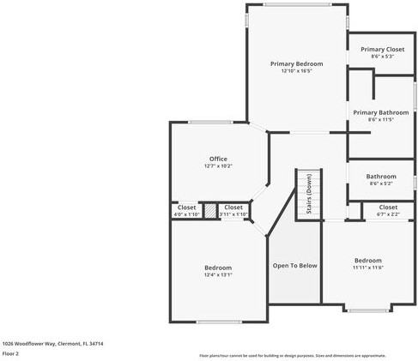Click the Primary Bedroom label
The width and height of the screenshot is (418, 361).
(296, 64)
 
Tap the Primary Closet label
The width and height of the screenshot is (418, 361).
(382, 50)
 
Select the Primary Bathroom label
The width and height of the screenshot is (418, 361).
(381, 112)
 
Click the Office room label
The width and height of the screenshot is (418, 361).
(218, 159)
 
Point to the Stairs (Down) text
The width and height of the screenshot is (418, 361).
(308, 195)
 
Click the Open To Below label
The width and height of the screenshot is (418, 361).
(294, 266)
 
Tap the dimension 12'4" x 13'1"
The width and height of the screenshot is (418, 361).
(218, 275)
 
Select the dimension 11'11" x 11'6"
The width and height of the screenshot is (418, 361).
(368, 268)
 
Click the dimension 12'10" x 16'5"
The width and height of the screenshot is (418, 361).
(296, 71)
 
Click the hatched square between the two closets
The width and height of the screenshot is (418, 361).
(209, 210)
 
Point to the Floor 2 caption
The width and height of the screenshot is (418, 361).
(10, 353)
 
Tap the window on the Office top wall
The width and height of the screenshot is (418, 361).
(209, 122)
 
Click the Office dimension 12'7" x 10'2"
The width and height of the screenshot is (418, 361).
(218, 165)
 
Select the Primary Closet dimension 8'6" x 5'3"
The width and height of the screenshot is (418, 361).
(382, 57)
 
